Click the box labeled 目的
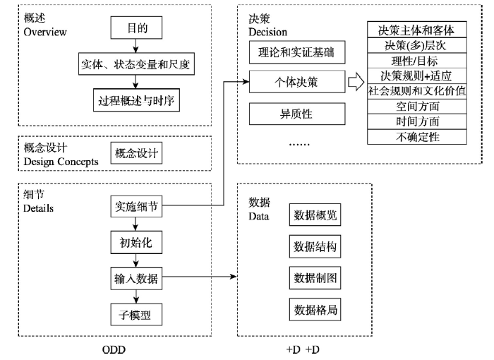point(136,28)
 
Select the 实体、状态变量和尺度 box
point(136,64)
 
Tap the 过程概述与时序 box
point(136,100)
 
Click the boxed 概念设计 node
point(136,153)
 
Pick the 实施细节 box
point(136,207)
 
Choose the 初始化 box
point(136,242)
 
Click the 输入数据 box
point(136,278)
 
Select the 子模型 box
point(136,315)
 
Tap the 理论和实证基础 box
point(297,52)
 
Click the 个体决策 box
point(297,82)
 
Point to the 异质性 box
point(297,114)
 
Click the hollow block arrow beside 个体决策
point(356,82)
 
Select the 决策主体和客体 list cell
point(417,30)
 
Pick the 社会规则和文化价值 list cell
point(417,92)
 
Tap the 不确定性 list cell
point(417,137)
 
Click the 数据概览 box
point(315,215)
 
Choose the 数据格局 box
point(315,310)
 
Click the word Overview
point(45,32)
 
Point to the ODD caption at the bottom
point(114,349)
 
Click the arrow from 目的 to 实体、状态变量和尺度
point(135,46)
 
